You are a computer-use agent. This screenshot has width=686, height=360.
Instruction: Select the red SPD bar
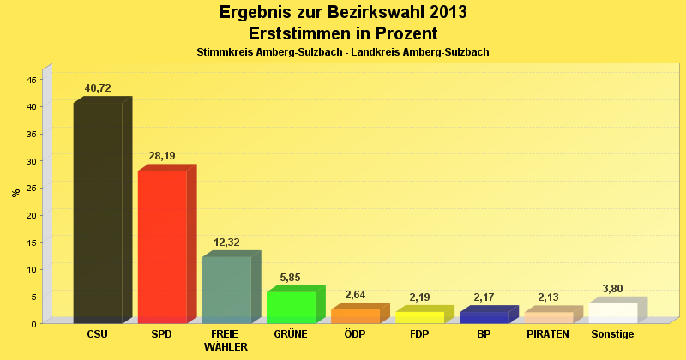coord(162,247)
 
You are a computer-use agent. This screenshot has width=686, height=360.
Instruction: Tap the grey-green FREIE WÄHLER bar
coord(226,290)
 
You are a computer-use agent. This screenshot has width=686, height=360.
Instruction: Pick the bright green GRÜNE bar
coord(291,308)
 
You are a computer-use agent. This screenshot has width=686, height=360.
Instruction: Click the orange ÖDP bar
coord(355,316)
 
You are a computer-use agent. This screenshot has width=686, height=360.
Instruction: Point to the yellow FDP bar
coord(419,317)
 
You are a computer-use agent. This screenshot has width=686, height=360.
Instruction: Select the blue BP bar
coord(484,317)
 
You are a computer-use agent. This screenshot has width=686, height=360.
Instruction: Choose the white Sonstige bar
coord(612,313)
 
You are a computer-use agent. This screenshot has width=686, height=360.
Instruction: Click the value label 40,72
coord(98,88)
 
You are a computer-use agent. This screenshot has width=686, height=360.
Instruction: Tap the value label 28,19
coord(162,156)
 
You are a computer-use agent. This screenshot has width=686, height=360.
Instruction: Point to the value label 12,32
coord(226,243)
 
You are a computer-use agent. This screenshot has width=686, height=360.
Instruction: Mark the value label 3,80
coord(612,289)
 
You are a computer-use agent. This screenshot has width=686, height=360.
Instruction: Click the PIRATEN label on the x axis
coord(548,333)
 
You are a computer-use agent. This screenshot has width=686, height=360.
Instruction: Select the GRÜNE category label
coord(291,333)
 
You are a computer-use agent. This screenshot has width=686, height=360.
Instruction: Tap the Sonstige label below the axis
coord(612,333)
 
